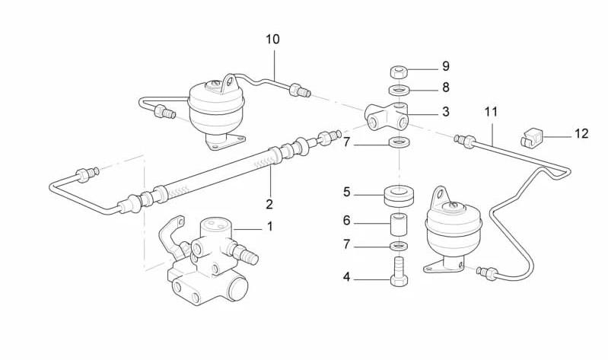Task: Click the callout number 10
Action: click(x=272, y=39)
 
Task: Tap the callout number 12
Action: click(x=581, y=134)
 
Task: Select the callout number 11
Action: click(x=491, y=112)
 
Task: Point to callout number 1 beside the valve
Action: click(x=269, y=226)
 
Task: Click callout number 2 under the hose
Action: click(x=269, y=204)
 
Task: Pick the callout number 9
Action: click(x=446, y=67)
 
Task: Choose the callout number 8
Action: click(x=446, y=88)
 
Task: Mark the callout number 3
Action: click(x=446, y=112)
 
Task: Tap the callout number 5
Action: click(x=346, y=192)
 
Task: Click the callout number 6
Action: click(x=346, y=221)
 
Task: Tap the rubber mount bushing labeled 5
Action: click(x=399, y=196)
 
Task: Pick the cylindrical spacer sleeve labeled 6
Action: click(x=399, y=226)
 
